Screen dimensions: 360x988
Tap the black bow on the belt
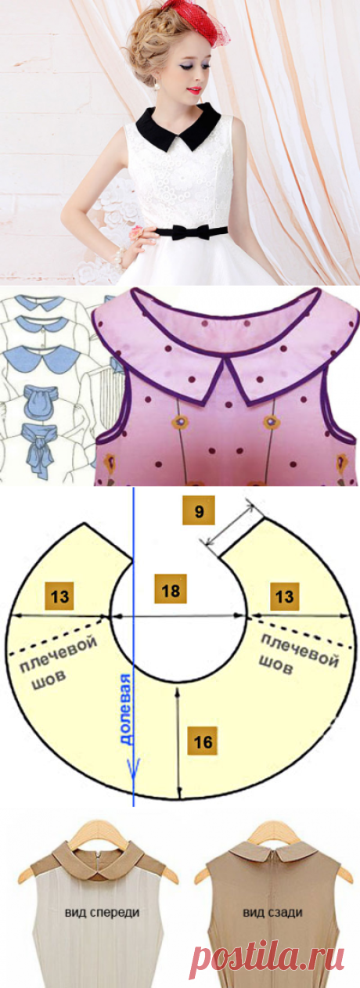click(185, 232)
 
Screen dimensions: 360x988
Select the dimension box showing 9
click(199, 512)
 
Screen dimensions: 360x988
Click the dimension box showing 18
click(171, 589)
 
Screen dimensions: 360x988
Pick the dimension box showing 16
click(203, 741)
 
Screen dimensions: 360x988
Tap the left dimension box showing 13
click(60, 596)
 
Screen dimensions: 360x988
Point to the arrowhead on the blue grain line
click(133, 764)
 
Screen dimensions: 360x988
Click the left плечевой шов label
click(56, 660)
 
